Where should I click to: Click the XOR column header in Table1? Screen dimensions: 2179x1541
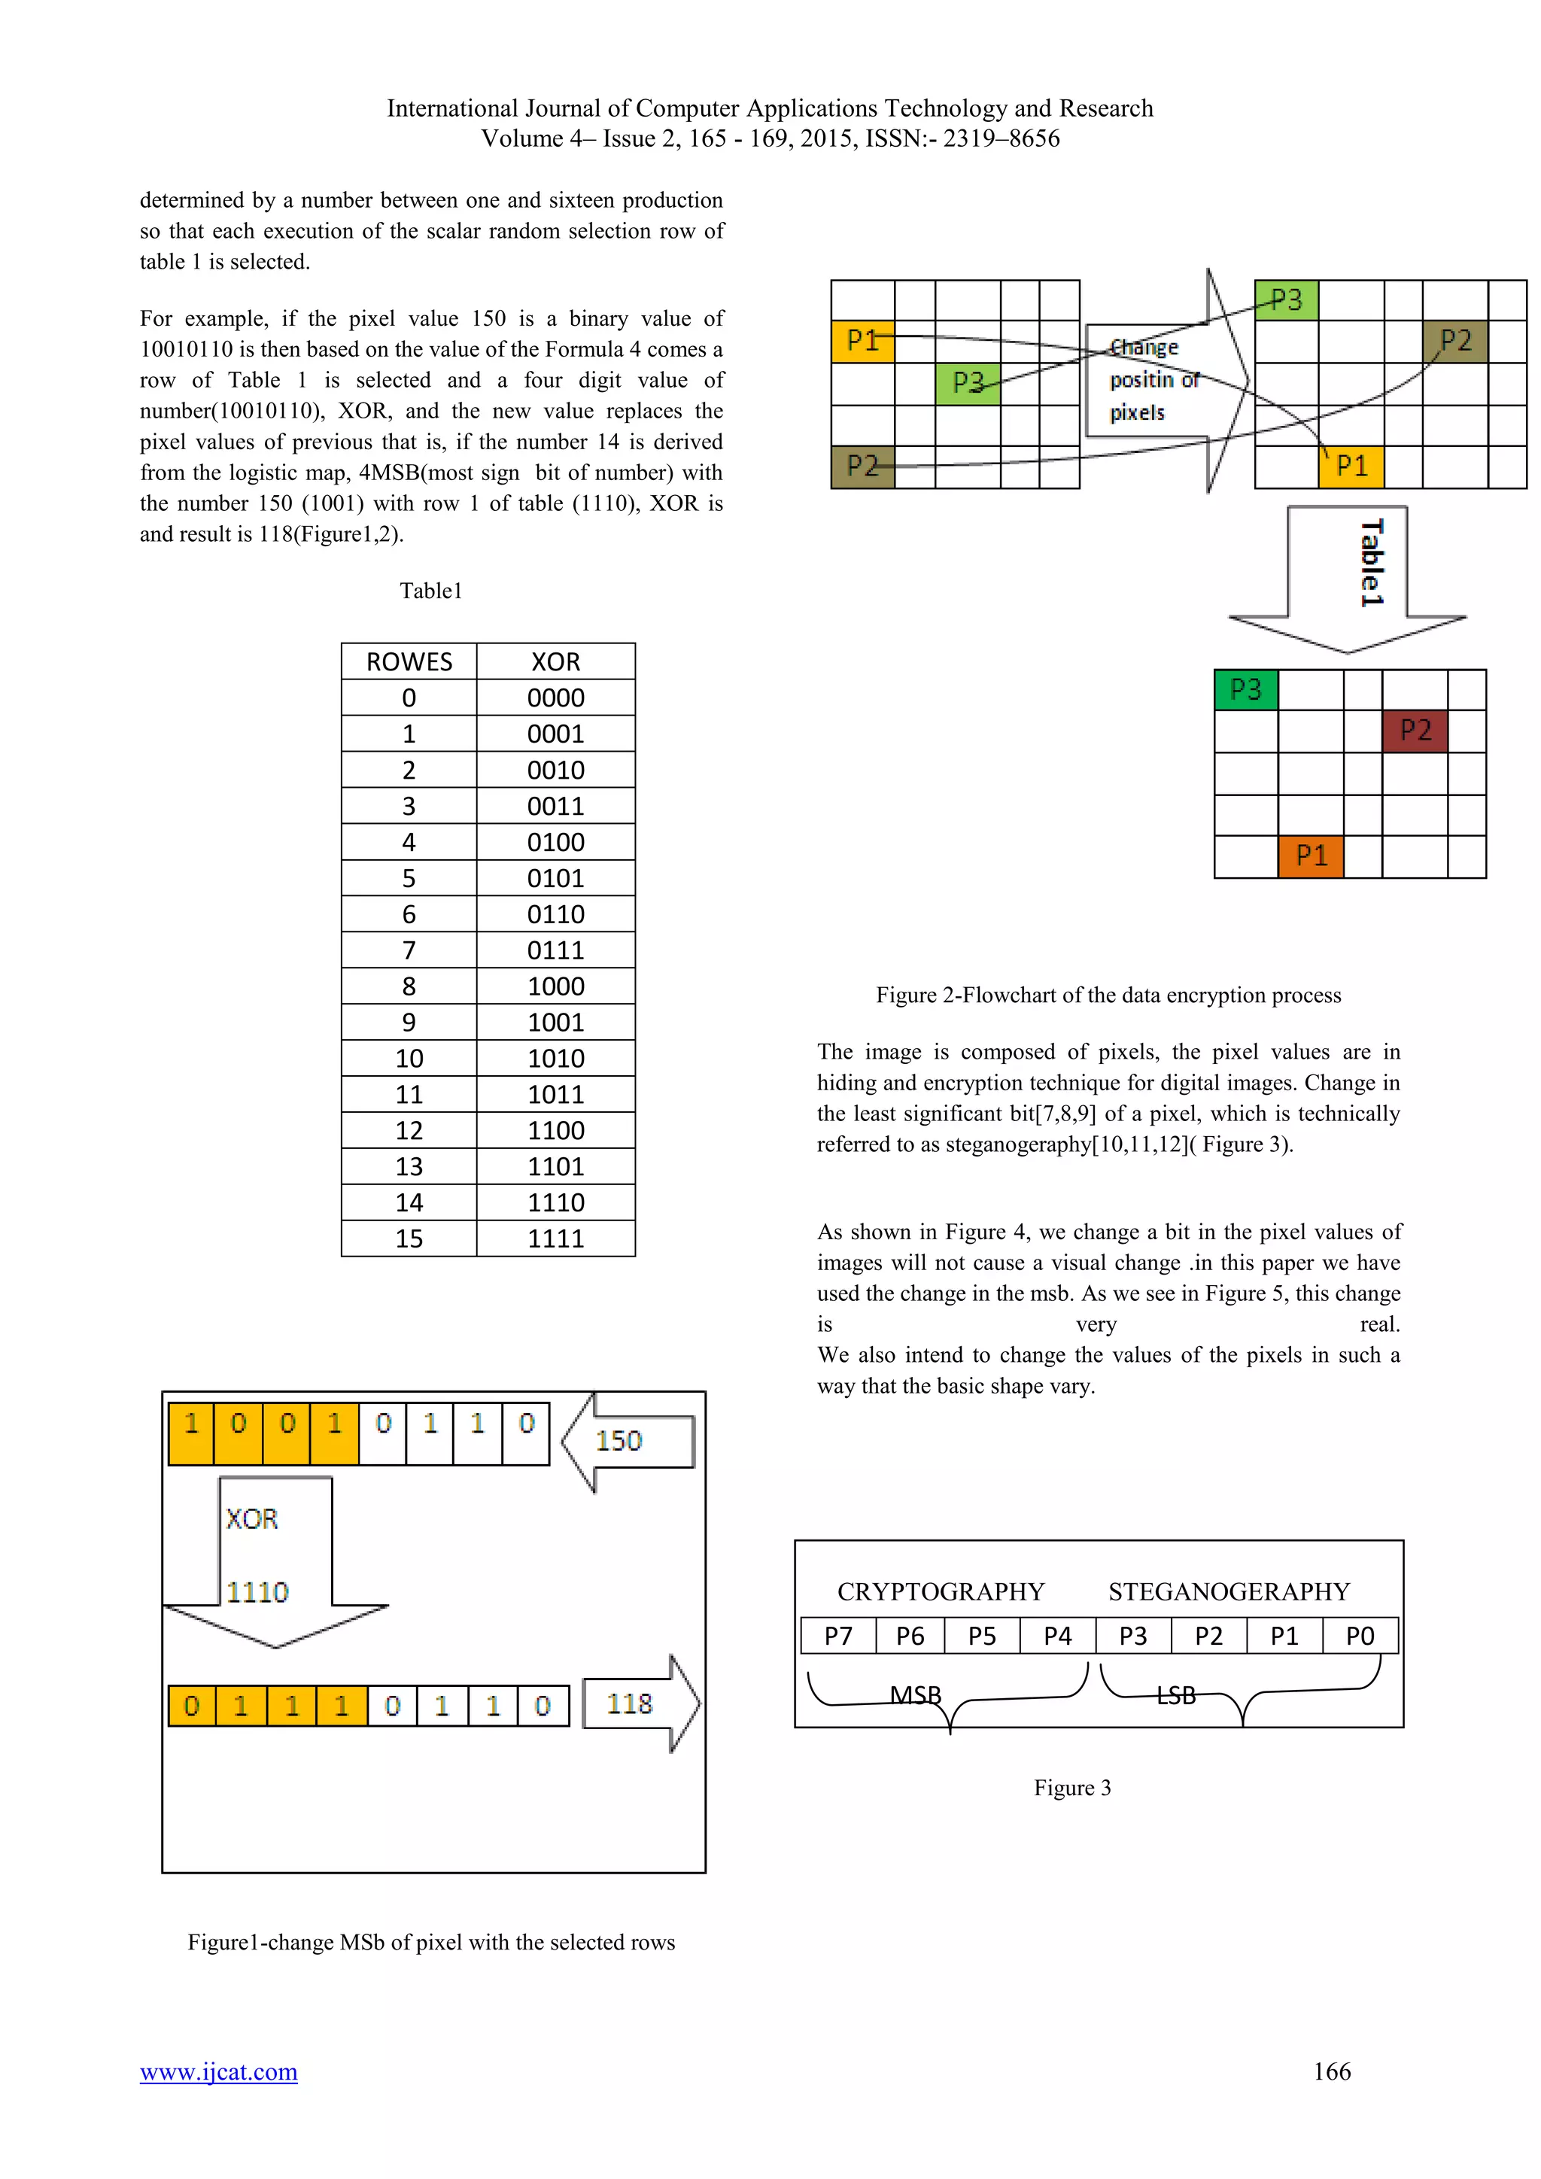click(555, 661)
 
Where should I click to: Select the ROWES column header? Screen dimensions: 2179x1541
click(409, 661)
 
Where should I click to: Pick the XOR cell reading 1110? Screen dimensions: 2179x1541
click(555, 1202)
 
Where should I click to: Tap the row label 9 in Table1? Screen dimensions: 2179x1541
click(409, 1022)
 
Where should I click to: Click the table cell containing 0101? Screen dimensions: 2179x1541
click(555, 878)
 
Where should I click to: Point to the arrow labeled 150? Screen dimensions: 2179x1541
click(628, 1442)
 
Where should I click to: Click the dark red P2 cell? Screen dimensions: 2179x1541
click(1415, 731)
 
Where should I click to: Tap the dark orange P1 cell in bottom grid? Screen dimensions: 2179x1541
click(1311, 856)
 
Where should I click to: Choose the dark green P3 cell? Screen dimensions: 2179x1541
click(1246, 690)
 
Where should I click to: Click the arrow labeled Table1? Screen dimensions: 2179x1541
click(1348, 579)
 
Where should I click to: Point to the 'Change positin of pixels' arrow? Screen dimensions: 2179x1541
click(1167, 381)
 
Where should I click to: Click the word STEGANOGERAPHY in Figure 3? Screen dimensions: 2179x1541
click(1229, 1591)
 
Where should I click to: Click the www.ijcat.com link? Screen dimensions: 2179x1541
click(218, 2071)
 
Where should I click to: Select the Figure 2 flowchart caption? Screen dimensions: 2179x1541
click(1108, 995)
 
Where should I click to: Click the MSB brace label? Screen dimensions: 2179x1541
click(916, 1695)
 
